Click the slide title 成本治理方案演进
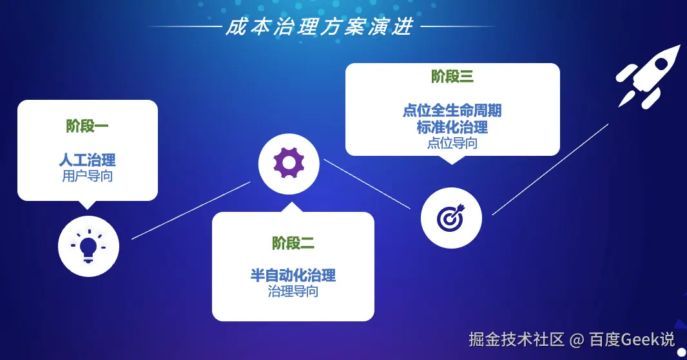click(x=320, y=28)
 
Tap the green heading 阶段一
click(x=87, y=126)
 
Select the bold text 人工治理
click(x=87, y=160)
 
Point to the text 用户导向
click(x=87, y=176)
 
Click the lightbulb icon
click(x=88, y=245)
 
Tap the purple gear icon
click(x=289, y=164)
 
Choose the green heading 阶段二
click(x=293, y=243)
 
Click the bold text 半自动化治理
click(x=293, y=276)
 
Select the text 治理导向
click(x=293, y=291)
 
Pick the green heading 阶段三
click(x=452, y=77)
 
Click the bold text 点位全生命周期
click(x=452, y=111)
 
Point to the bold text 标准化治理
click(x=452, y=127)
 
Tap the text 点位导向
click(x=452, y=143)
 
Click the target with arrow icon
click(x=450, y=218)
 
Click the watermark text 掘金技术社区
click(x=516, y=339)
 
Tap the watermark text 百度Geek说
click(x=632, y=339)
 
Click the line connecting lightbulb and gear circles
click(x=191, y=211)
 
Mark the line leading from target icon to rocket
click(x=550, y=169)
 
